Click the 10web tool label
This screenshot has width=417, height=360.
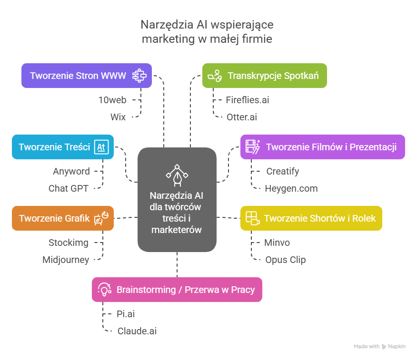(112, 100)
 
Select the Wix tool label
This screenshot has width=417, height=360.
(118, 117)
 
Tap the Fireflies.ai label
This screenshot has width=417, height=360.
(248, 100)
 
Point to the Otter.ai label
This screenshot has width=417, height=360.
(241, 117)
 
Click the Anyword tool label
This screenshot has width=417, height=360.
(71, 171)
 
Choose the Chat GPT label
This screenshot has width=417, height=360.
(69, 188)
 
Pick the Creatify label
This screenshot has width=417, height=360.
(283, 171)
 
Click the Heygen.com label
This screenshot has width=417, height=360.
(291, 188)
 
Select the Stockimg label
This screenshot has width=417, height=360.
(68, 243)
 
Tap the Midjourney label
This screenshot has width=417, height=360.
(66, 260)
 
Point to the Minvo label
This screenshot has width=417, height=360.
(277, 243)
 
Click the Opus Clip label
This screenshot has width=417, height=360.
(285, 260)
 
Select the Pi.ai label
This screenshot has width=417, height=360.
(126, 314)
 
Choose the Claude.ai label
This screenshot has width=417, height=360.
(137, 331)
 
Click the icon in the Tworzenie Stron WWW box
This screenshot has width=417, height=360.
(139, 76)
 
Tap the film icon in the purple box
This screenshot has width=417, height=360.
(253, 147)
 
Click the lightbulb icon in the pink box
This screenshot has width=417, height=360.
(104, 290)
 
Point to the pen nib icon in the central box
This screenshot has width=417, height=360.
(177, 175)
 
